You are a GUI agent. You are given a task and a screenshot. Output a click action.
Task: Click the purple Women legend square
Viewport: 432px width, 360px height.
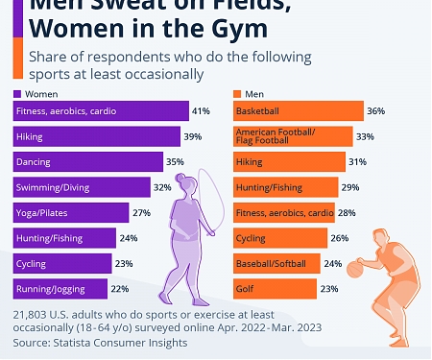(17, 94)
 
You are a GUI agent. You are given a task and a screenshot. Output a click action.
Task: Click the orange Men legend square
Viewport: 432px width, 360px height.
(238, 94)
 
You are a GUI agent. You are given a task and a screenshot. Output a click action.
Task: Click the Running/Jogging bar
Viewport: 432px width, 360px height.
(60, 288)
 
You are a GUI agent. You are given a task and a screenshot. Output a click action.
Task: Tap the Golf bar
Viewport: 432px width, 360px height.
(275, 288)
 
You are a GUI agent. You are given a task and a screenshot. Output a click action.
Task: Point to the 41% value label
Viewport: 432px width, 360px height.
(201, 111)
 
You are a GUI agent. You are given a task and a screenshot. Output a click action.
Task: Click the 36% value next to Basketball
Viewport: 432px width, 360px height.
(375, 111)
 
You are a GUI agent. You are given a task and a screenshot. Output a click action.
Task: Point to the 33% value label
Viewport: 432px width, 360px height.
(365, 136)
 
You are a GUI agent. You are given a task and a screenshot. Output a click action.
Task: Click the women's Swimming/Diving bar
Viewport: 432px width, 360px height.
(82, 187)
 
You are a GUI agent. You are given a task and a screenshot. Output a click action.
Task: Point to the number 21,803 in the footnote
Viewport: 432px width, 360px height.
(33, 314)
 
